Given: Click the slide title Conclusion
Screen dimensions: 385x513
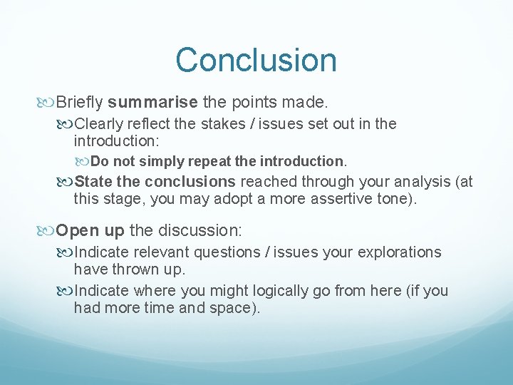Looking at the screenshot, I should [256, 60].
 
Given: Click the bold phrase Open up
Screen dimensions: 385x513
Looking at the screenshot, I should [90, 230].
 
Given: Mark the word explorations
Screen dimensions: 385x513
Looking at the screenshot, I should [398, 252].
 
